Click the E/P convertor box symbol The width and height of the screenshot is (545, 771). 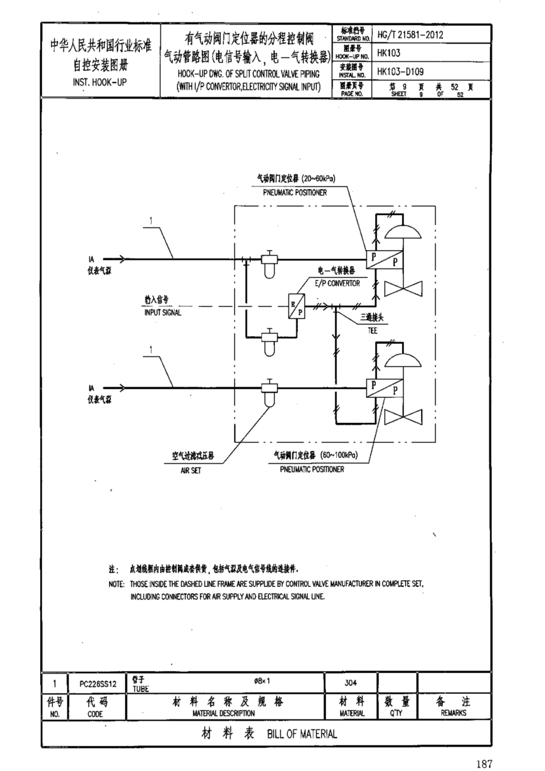coord(297,306)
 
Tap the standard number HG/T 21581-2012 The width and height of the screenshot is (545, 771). coord(410,34)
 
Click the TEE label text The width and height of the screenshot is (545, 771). coord(373,331)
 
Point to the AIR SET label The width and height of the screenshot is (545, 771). coord(190,470)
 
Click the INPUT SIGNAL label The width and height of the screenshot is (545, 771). coord(162,313)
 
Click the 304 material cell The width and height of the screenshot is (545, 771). coord(351,683)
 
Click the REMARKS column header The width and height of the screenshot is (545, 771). coord(453,713)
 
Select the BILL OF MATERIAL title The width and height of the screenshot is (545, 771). coord(302,734)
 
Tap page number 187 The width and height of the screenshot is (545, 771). coord(484,764)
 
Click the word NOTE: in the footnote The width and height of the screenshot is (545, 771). coord(116,584)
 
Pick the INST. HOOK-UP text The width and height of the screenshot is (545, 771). coord(100,82)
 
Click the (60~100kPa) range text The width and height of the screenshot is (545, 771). coord(338,455)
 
